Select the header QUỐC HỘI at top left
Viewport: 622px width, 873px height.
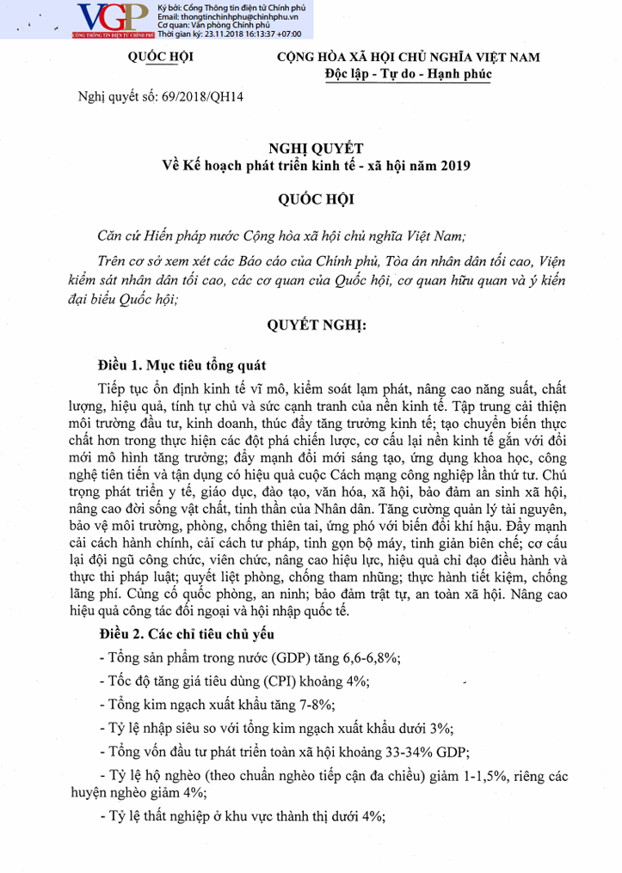click(x=160, y=57)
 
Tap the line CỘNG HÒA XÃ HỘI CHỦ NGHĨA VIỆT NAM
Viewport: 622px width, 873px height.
click(x=408, y=57)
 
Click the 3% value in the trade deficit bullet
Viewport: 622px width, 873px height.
click(x=441, y=728)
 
